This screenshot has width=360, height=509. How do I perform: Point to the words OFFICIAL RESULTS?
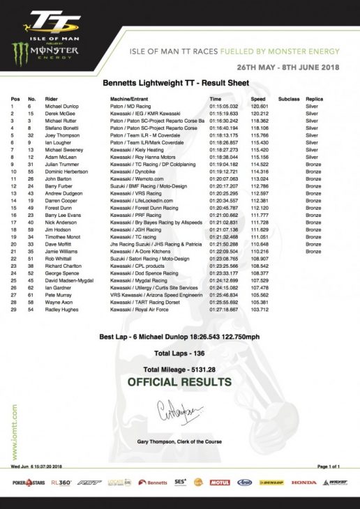click(179, 382)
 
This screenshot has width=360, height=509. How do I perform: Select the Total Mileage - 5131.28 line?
click(179, 368)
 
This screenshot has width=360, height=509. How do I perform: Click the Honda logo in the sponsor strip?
click(304, 482)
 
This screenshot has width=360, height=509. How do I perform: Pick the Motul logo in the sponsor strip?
click(219, 482)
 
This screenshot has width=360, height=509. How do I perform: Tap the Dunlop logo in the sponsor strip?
click(275, 482)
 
